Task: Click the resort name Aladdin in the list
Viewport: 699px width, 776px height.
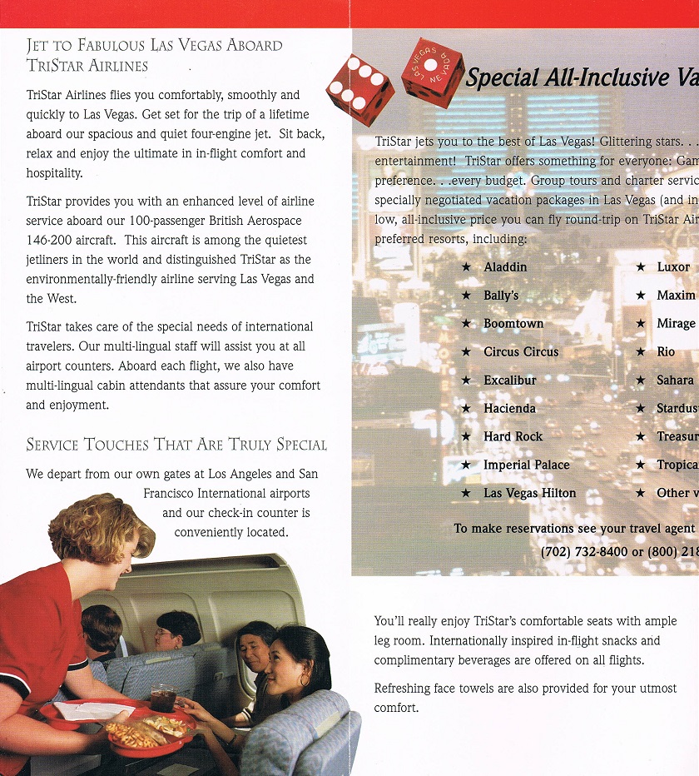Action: (505, 267)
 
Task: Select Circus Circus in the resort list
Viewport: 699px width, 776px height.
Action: (521, 352)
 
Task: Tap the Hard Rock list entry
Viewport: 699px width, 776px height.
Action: (513, 437)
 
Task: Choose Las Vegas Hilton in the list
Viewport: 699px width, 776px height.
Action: (529, 494)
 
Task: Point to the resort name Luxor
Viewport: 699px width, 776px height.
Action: (673, 267)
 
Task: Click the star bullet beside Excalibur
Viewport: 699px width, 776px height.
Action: (466, 381)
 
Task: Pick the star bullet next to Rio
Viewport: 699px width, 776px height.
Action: (640, 352)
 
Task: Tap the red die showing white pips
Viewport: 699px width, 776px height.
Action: (359, 89)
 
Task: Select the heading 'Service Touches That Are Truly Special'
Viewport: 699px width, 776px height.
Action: (176, 445)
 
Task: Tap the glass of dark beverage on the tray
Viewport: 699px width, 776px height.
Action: (163, 698)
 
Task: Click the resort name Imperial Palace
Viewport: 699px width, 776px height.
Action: (526, 465)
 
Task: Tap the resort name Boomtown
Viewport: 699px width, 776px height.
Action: (513, 324)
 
